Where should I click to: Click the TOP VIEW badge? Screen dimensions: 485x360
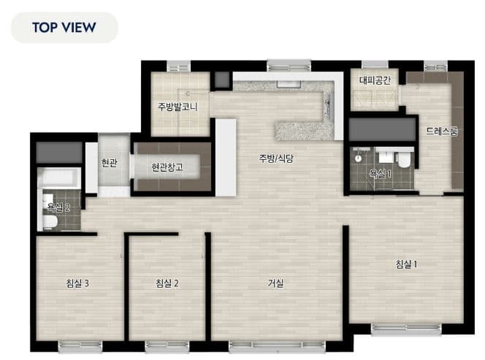point(64,28)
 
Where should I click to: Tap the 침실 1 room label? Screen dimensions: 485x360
point(407,264)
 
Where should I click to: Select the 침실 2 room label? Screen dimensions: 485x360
point(167,283)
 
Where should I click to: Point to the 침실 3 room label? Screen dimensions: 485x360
point(77,283)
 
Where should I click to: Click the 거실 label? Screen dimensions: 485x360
point(275,283)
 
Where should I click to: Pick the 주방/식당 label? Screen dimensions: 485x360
point(276,158)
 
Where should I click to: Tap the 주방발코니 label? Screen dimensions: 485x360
point(177,107)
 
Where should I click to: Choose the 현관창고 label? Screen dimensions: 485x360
point(167,167)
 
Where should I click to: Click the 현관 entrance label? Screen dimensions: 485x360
point(110,163)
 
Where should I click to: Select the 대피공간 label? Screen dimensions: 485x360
point(375,80)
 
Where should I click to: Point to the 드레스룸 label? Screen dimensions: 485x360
point(441,131)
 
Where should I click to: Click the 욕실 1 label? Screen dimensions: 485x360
point(380,174)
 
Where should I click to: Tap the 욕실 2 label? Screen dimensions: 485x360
point(58,207)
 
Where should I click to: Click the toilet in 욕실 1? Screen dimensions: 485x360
point(404,160)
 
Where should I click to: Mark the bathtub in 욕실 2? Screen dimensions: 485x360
point(58,177)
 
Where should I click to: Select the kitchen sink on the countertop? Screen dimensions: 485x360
point(289,84)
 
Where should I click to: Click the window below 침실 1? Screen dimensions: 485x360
point(406,329)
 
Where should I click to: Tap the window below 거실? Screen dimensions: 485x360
point(277,346)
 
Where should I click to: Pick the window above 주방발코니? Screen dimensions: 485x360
point(179,66)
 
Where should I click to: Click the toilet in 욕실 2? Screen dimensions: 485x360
point(50,222)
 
